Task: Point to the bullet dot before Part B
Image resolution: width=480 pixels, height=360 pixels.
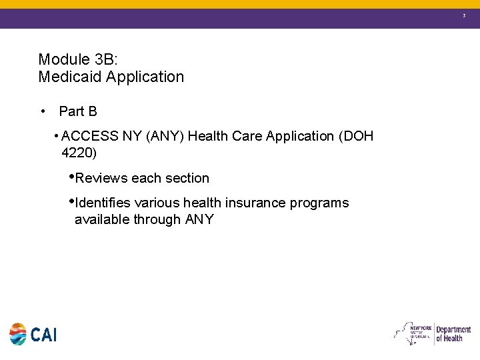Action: point(43,111)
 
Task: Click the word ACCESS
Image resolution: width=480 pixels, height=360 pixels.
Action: point(90,136)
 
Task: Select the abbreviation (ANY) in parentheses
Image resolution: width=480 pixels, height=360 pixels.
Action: point(165,136)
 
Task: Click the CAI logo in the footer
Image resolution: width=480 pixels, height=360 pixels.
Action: point(33,334)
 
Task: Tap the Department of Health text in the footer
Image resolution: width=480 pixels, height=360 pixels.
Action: point(453,333)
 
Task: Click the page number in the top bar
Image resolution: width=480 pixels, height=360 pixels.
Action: point(464,14)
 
